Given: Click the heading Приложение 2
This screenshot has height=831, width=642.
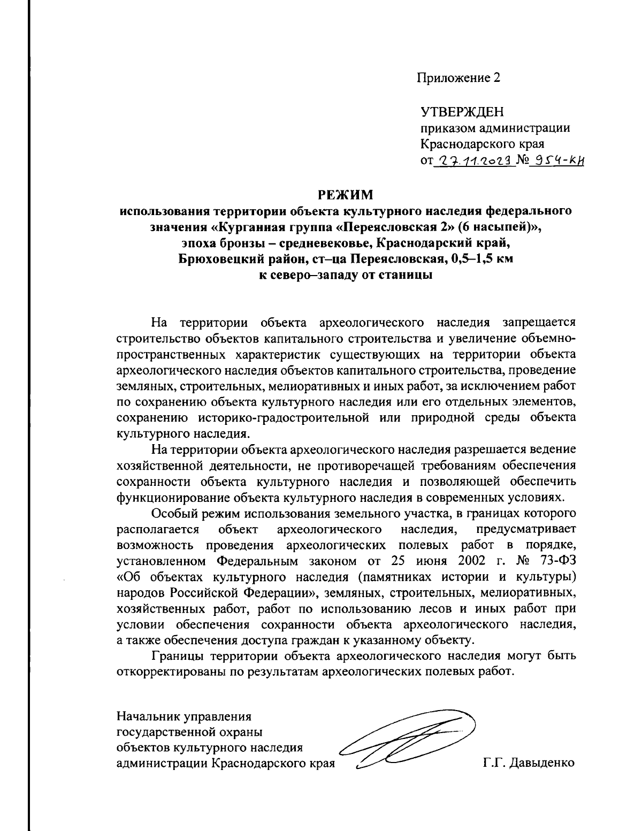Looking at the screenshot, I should click(459, 78).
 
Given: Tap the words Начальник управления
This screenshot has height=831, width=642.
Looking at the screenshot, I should click(184, 715).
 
